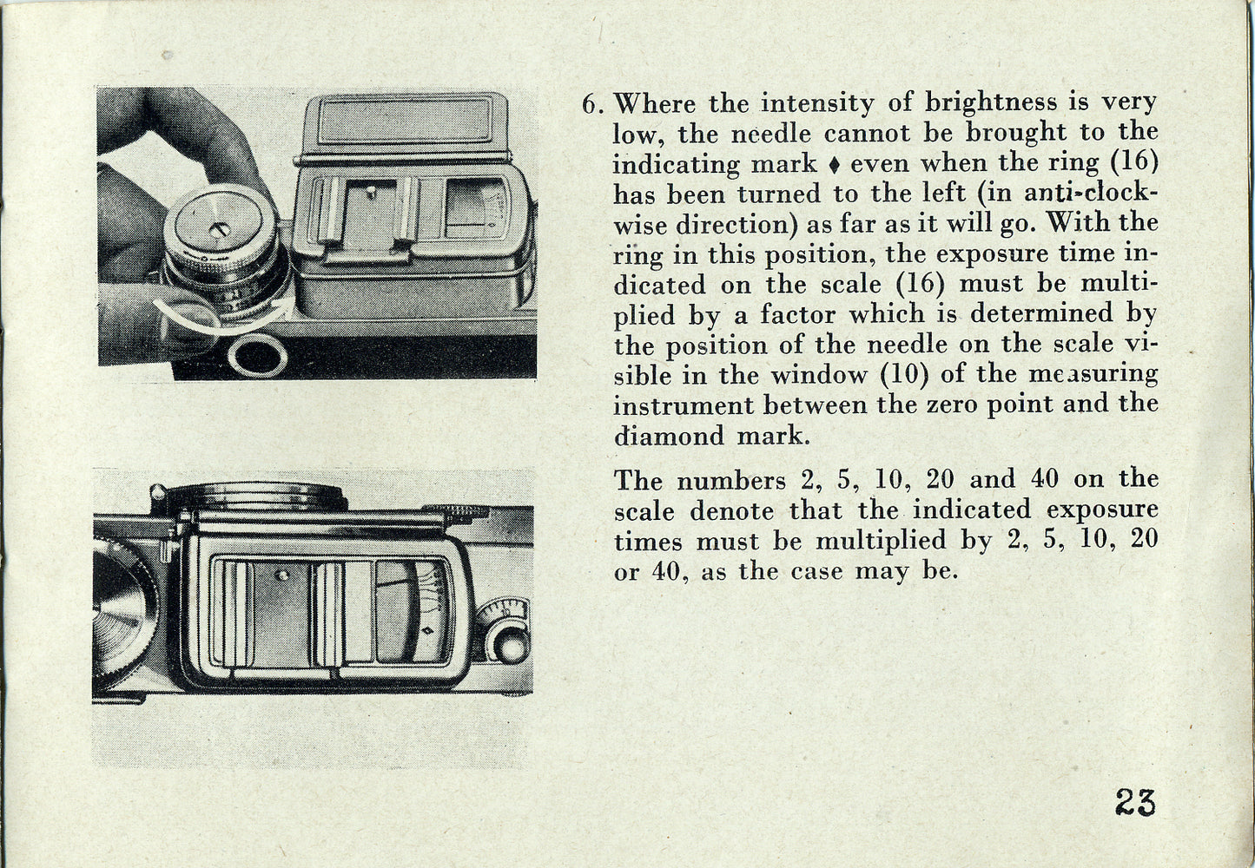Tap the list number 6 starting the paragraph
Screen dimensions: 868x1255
590,104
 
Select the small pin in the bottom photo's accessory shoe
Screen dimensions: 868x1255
283,575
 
